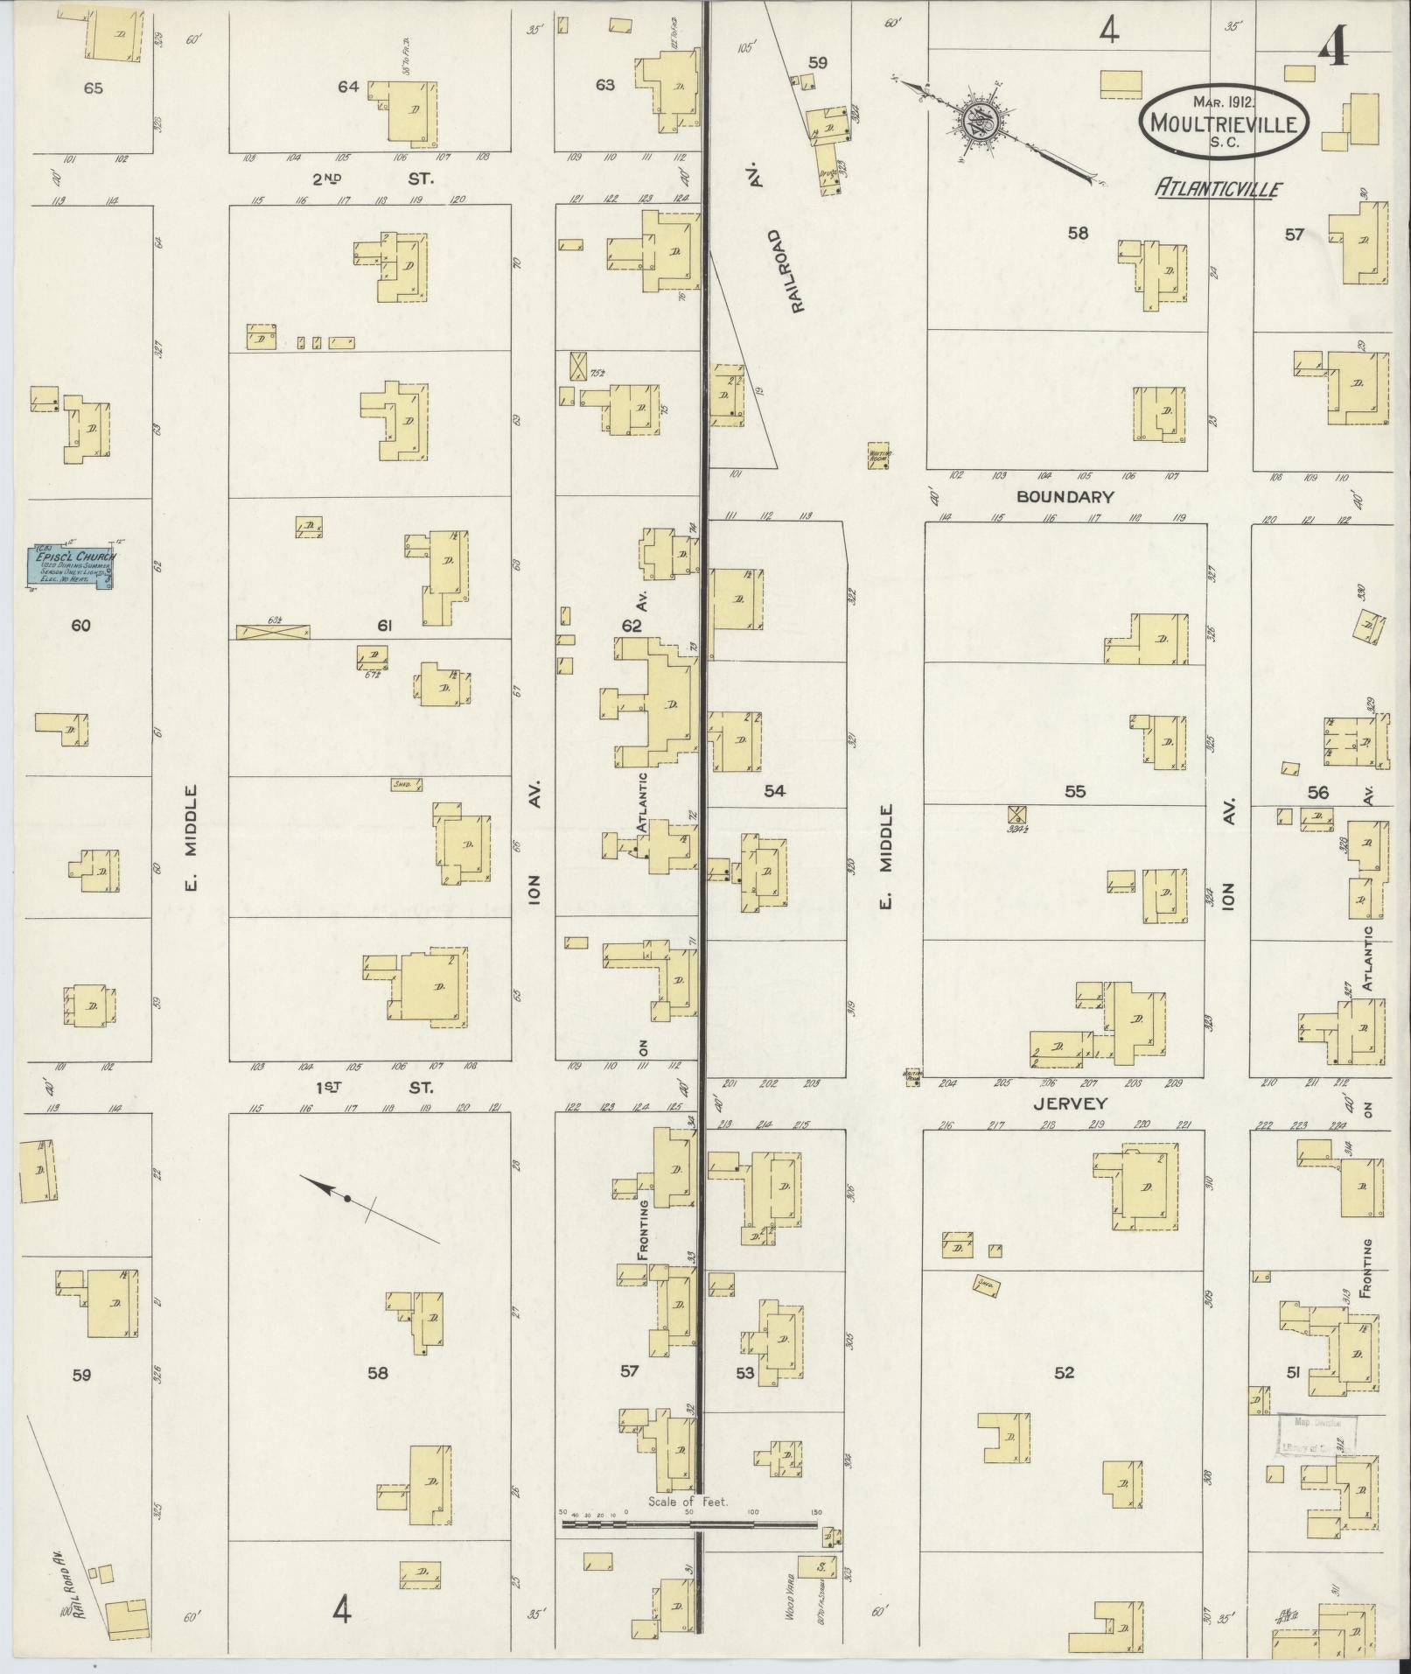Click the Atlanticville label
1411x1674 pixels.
point(1218,188)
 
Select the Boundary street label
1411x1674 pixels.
point(1065,497)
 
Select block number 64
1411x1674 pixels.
point(348,87)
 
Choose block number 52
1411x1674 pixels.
point(1063,1372)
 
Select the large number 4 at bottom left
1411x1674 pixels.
point(342,1609)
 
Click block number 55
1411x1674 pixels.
point(1074,792)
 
